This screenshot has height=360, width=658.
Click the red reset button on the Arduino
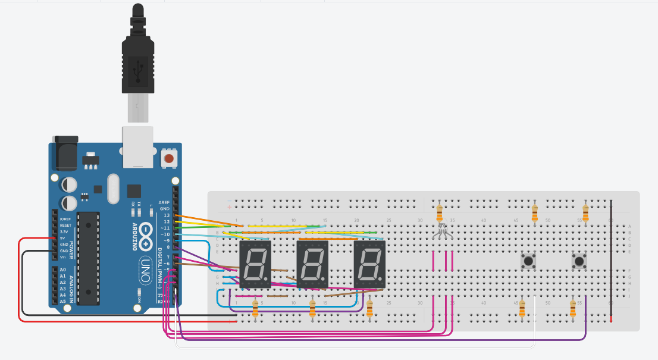click(170, 159)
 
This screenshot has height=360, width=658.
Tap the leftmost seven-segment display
click(255, 265)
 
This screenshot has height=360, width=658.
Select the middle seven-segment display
click(312, 265)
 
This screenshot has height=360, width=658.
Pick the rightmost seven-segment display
click(369, 265)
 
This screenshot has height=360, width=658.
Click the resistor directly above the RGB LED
click(440, 212)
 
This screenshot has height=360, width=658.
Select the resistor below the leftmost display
click(256, 308)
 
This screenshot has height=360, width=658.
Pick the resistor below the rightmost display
click(370, 308)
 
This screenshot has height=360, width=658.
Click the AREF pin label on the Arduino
click(164, 202)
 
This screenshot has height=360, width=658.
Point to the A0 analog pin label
click(63, 270)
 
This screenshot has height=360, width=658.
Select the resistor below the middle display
click(312, 308)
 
